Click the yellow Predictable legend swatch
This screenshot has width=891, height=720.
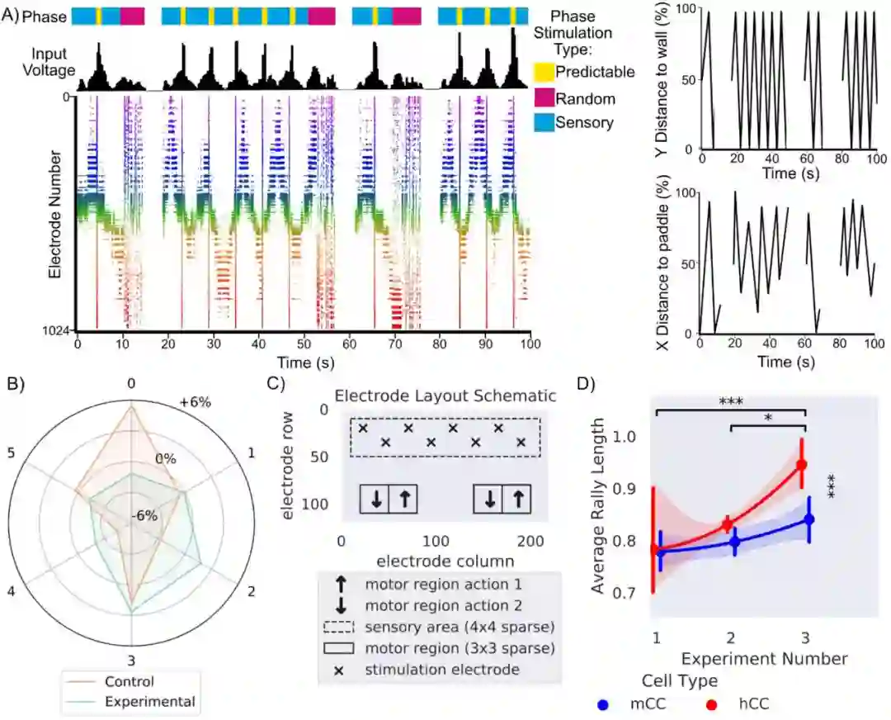[x=544, y=72]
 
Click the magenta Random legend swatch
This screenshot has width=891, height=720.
[x=544, y=98]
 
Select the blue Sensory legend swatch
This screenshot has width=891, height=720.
[x=544, y=122]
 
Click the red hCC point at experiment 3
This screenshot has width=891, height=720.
[x=801, y=465]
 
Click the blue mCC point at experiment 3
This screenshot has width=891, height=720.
[x=808, y=519]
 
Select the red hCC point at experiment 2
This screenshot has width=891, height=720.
[x=727, y=524]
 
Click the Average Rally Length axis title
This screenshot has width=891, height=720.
[x=600, y=506]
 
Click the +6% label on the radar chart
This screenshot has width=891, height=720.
[x=195, y=402]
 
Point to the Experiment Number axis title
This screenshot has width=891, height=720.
[x=764, y=658]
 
